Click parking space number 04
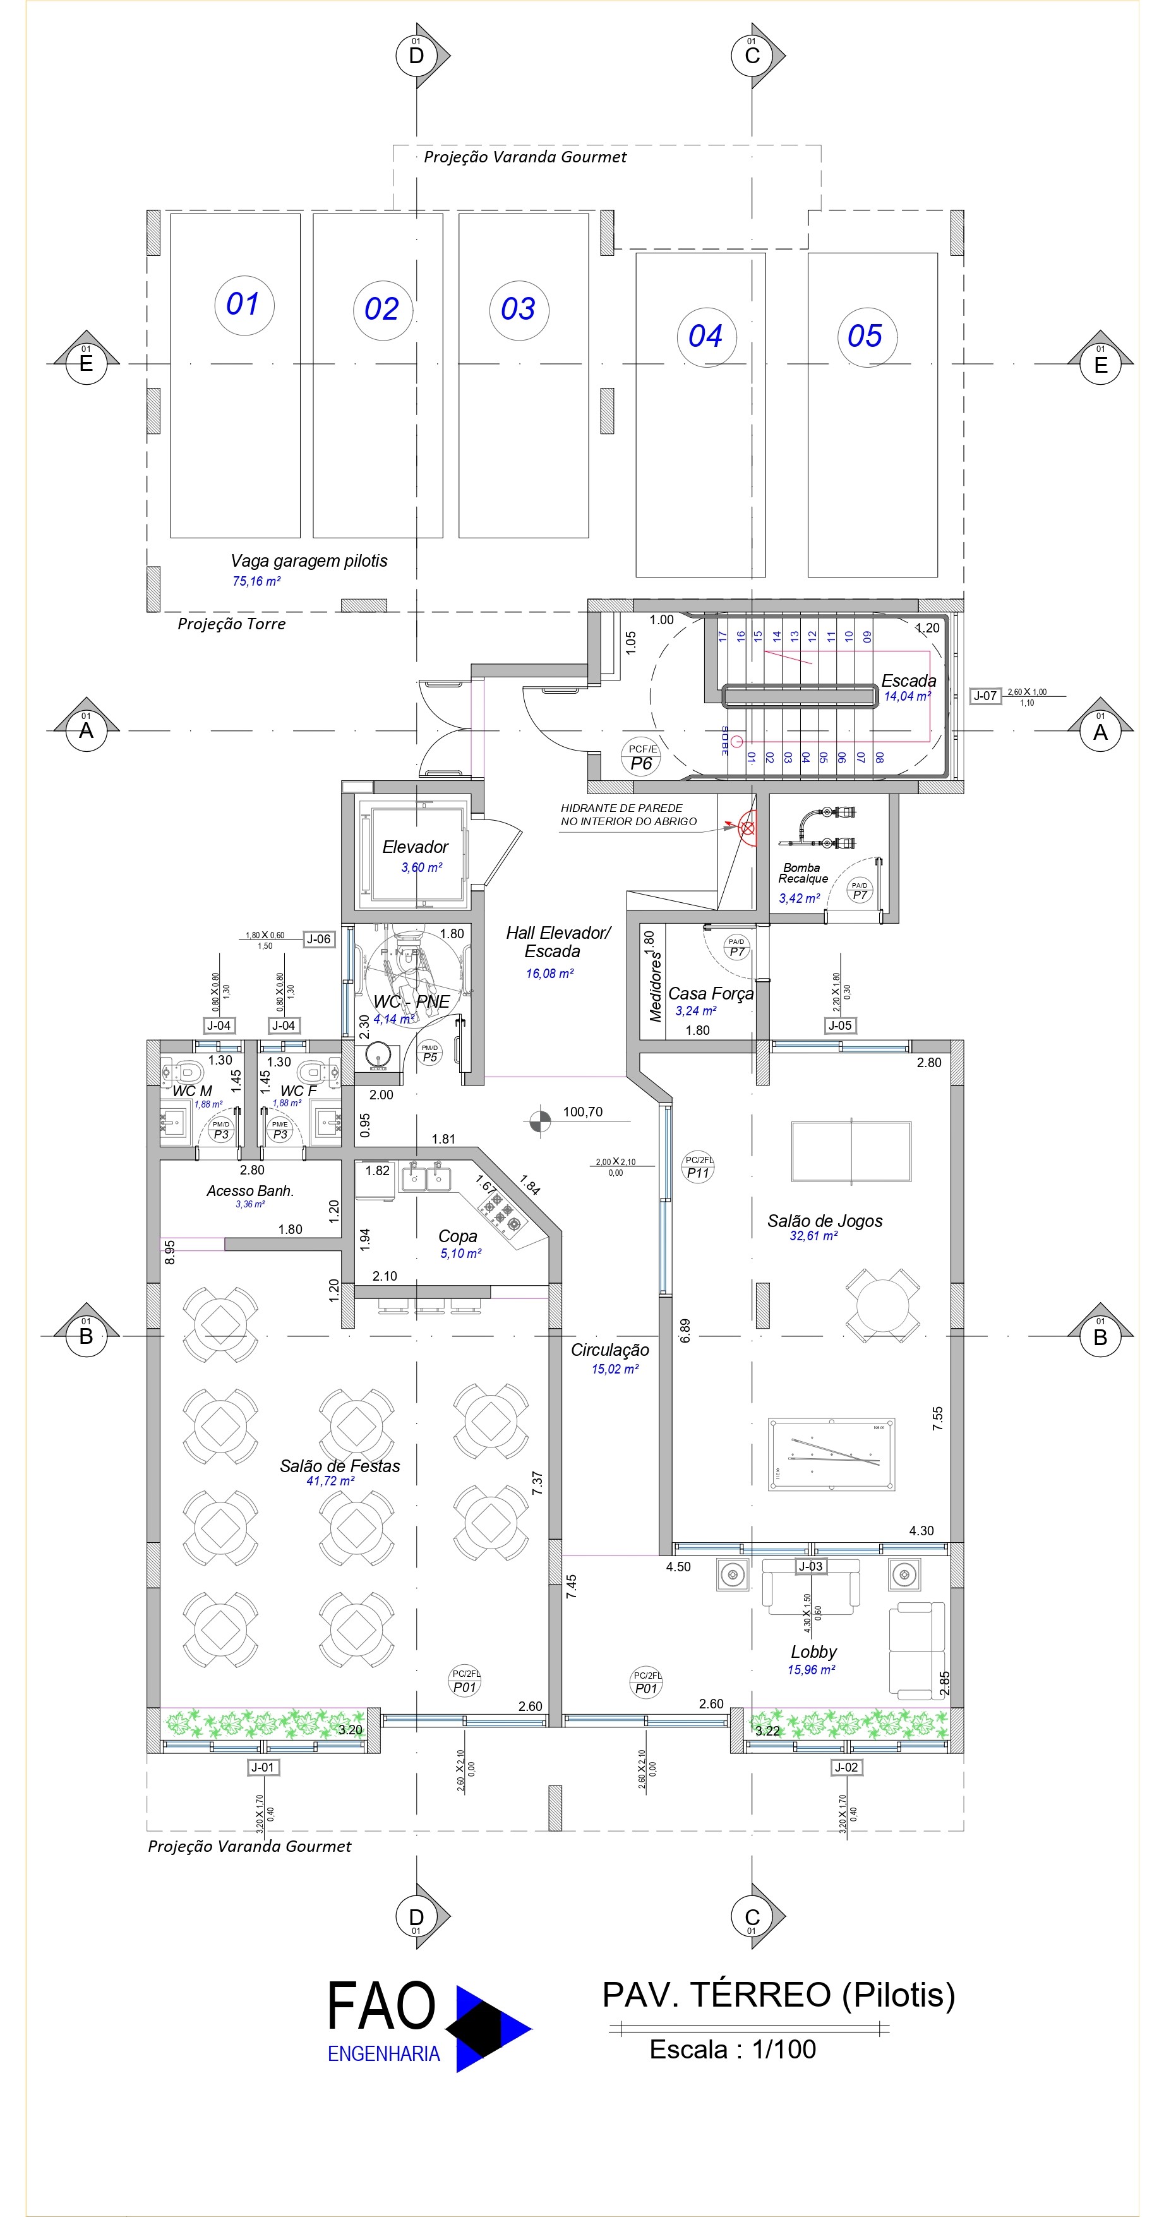[x=705, y=335]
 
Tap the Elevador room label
[x=415, y=847]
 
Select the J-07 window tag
[x=985, y=696]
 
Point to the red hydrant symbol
[x=748, y=829]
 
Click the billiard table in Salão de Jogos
[x=831, y=1454]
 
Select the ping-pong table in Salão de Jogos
[x=851, y=1152]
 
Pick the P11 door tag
[x=698, y=1167]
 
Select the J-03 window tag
[x=810, y=1566]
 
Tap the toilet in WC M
[x=185, y=1072]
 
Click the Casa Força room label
[x=711, y=993]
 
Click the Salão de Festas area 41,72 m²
[x=330, y=1481]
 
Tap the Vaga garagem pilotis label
[x=309, y=560]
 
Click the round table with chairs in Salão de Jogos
[x=882, y=1305]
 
